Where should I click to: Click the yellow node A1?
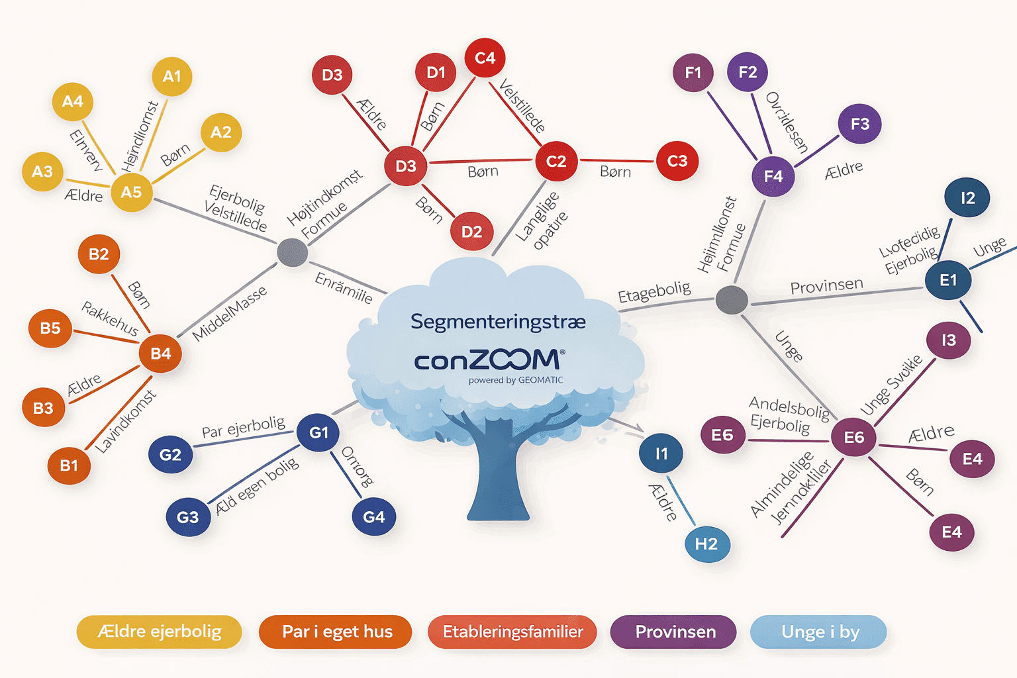pos(172,77)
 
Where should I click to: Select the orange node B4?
pos(160,354)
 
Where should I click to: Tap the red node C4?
pos(485,58)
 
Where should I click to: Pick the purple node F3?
pos(859,124)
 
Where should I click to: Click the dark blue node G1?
pos(318,432)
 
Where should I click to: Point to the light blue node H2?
pos(706,544)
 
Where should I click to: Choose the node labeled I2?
pos(967,198)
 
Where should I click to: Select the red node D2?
pos(471,232)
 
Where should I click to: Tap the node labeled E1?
pos(948,280)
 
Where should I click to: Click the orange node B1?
pos(69,465)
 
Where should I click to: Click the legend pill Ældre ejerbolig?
pos(159,632)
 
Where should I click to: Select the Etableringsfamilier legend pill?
pos(512,632)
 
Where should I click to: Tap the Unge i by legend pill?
pos(819,632)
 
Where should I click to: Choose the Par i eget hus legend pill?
pos(336,632)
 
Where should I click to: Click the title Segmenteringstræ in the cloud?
pos(498,322)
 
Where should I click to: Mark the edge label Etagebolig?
pos(654,292)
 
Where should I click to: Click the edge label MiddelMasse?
pos(229,314)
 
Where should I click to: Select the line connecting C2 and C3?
pos(616,160)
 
